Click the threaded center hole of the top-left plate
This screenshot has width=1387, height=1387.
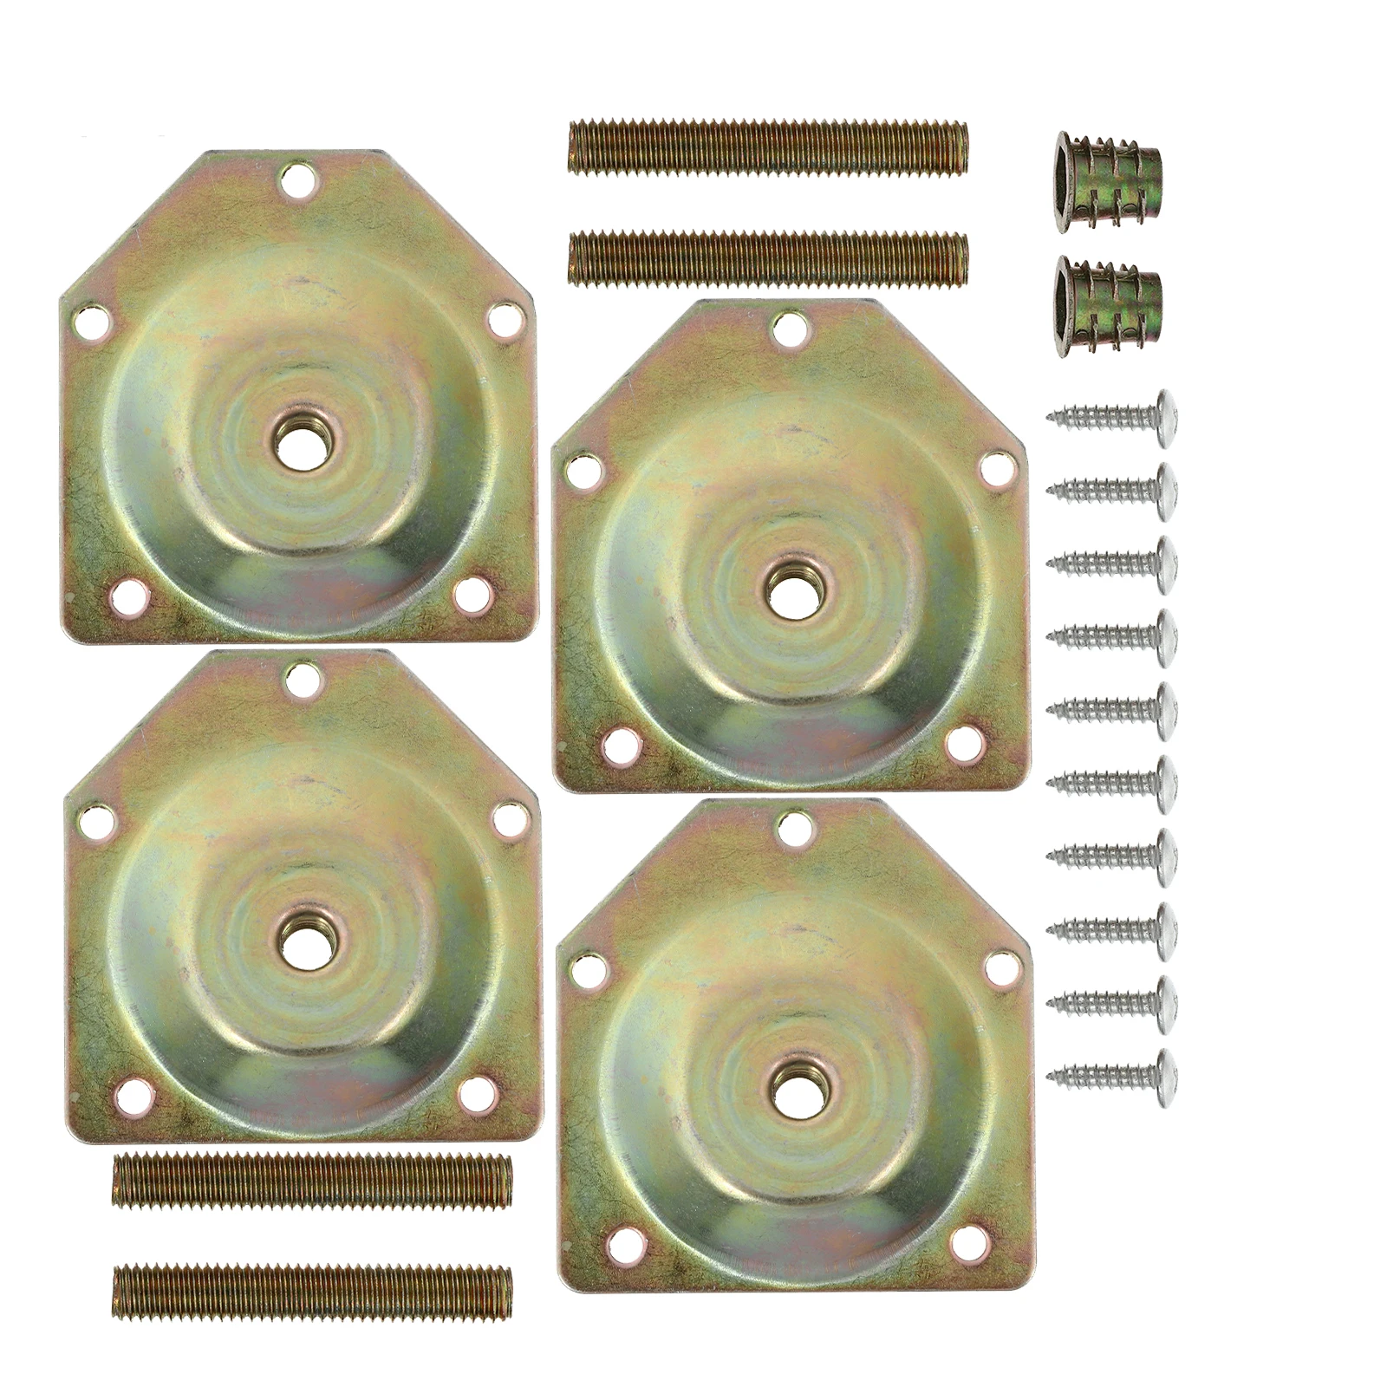tap(298, 431)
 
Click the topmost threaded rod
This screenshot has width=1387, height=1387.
tap(767, 144)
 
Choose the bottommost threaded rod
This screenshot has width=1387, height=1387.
tap(311, 1292)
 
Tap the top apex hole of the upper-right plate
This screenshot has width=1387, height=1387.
tap(788, 328)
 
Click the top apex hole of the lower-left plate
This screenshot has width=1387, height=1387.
tap(301, 680)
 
